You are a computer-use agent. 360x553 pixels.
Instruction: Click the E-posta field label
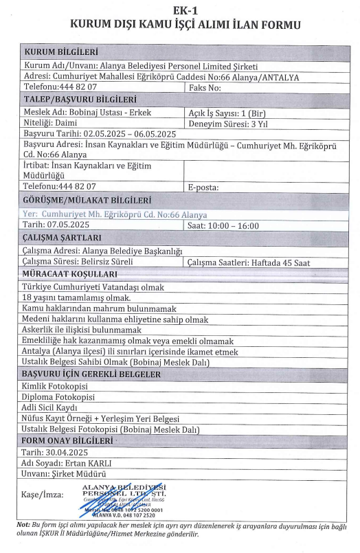coord(203,186)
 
